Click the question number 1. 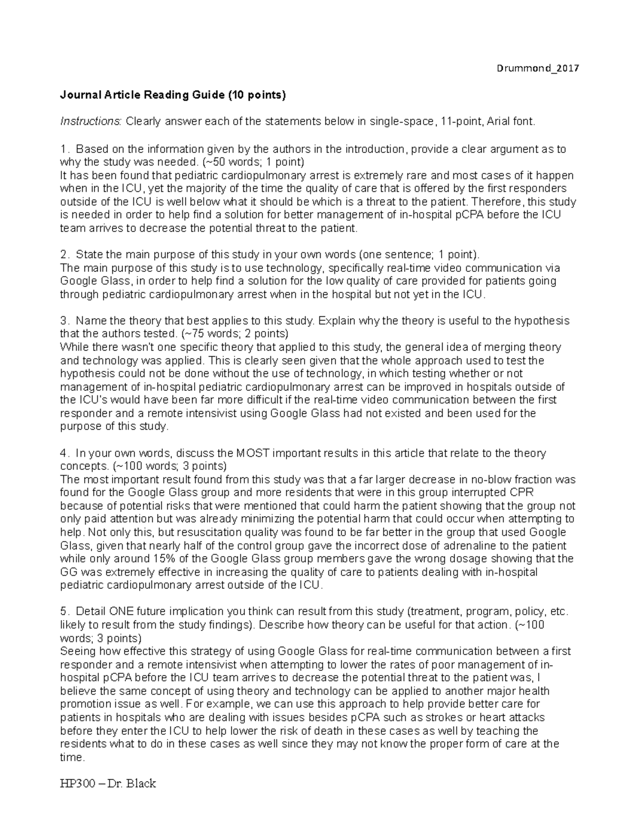65,149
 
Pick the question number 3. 65,321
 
